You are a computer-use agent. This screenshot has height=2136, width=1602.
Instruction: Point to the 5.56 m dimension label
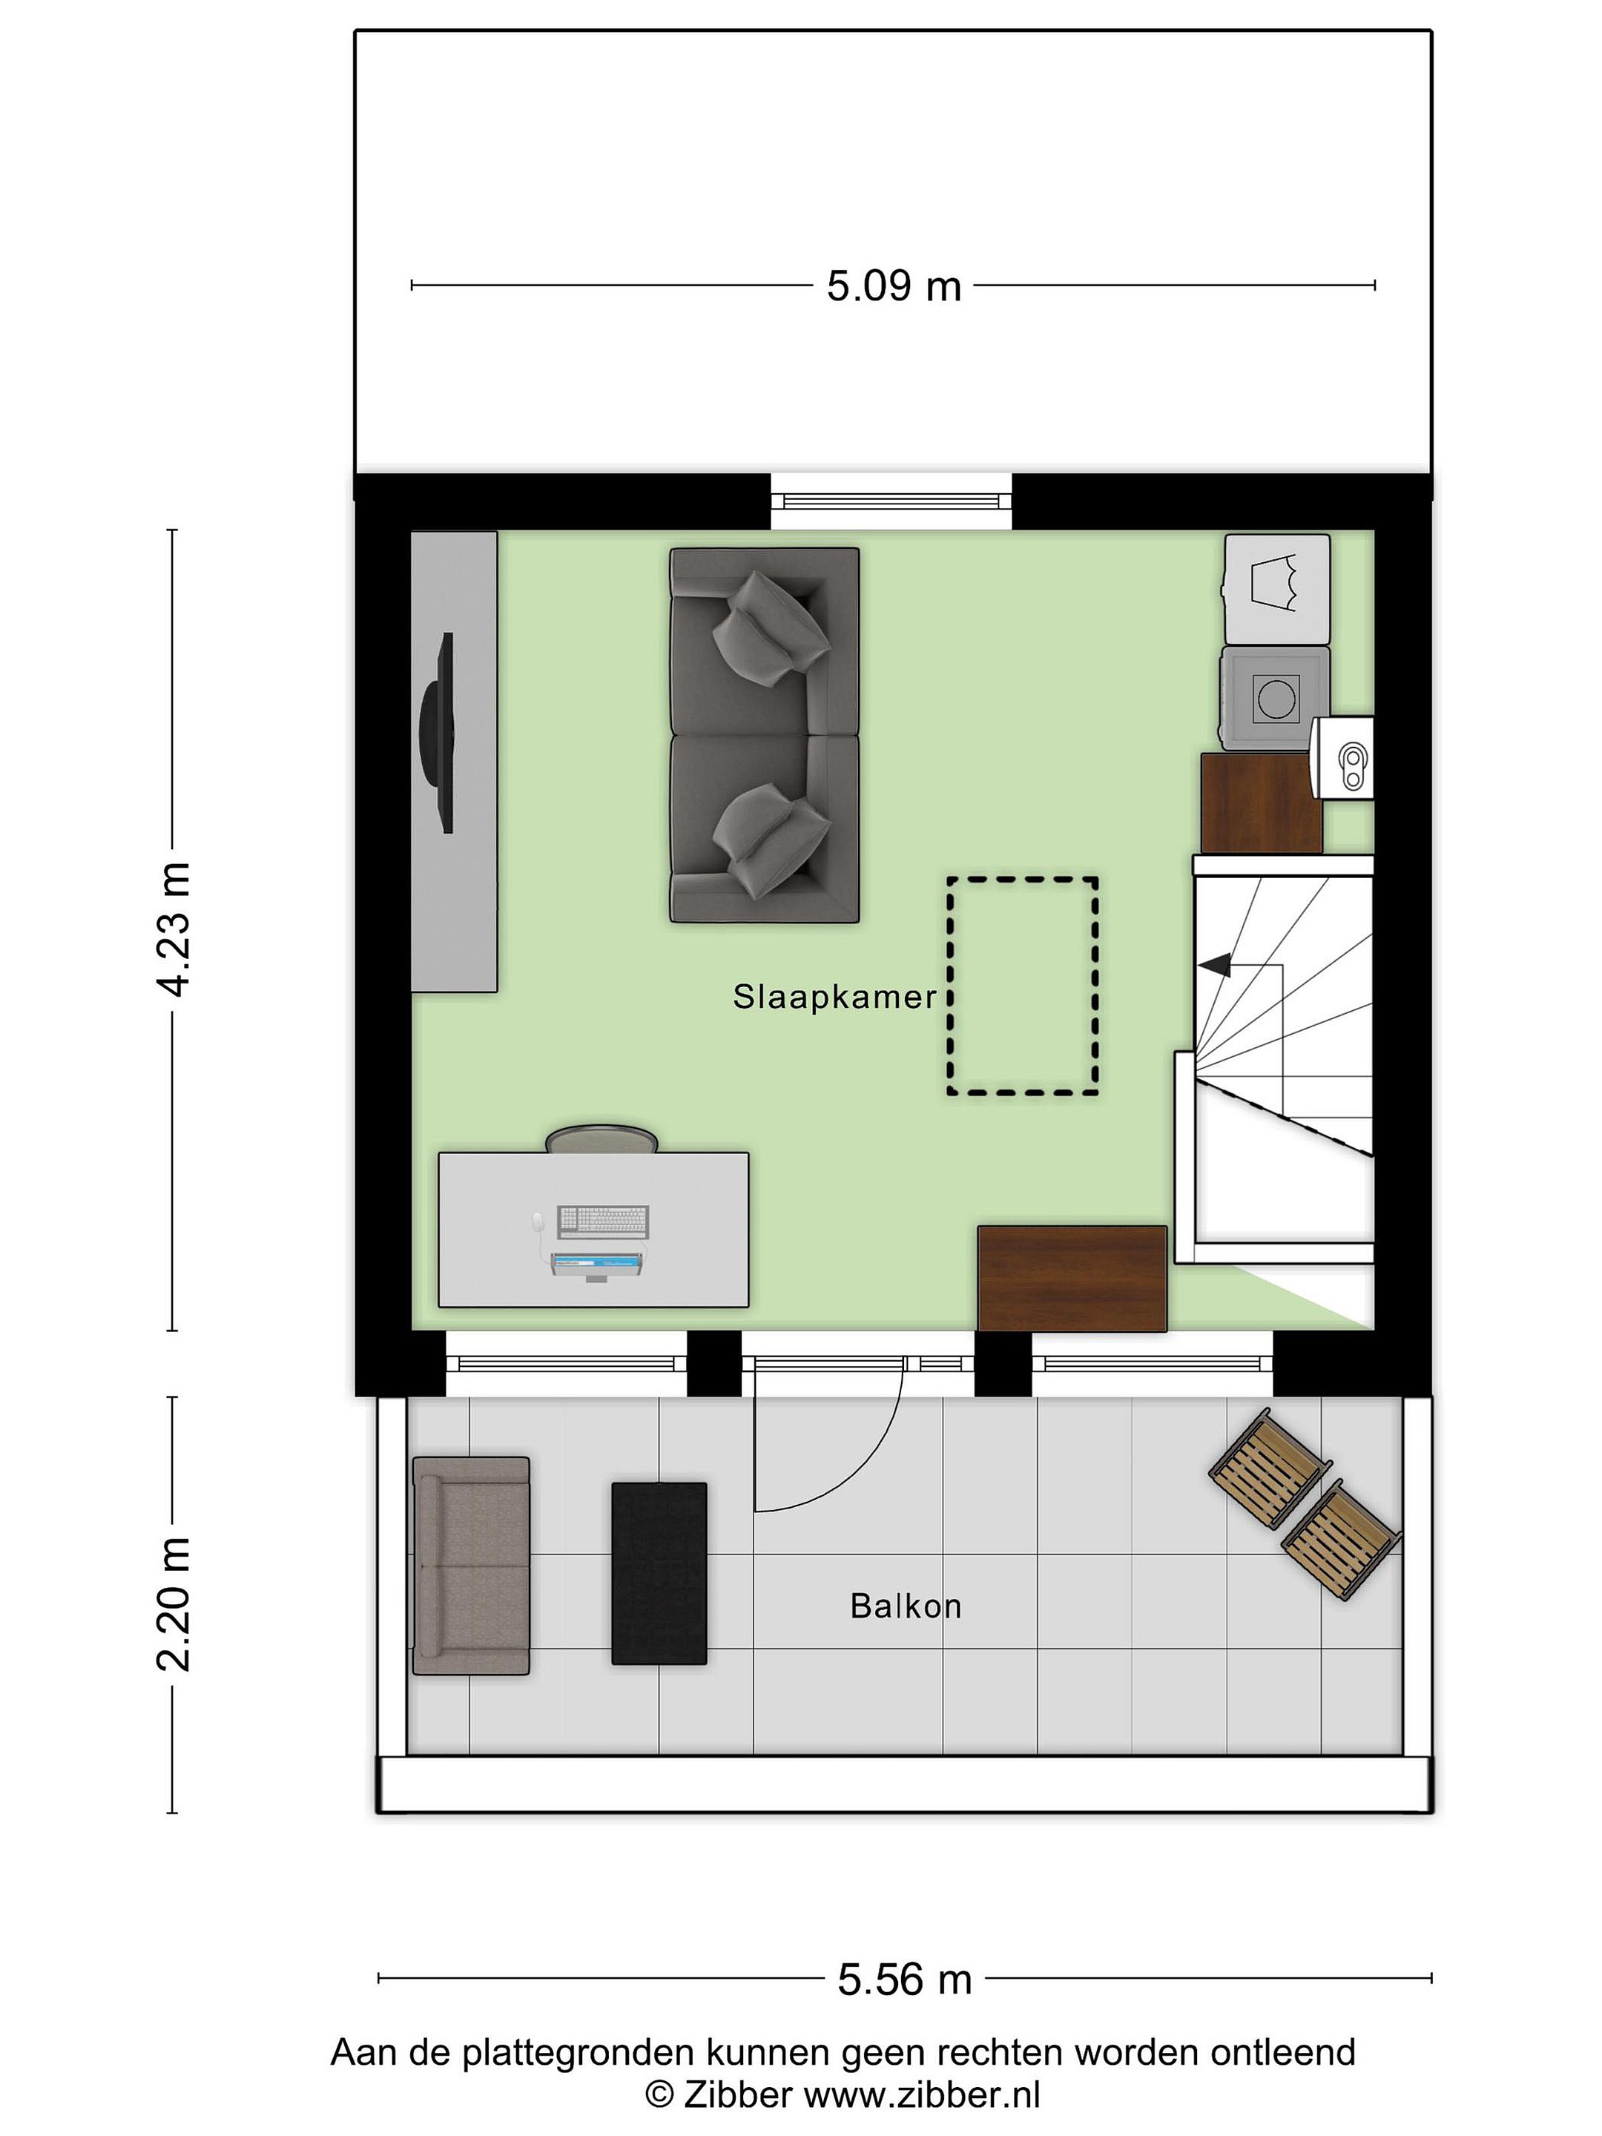(904, 1980)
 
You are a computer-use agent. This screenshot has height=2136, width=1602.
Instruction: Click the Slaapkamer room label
(834, 998)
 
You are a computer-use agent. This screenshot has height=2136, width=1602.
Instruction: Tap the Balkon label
(905, 1606)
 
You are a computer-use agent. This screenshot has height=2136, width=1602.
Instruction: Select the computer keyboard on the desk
(604, 1222)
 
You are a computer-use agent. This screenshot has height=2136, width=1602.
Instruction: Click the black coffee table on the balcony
(659, 1574)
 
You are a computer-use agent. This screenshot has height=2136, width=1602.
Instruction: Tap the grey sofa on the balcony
(471, 1566)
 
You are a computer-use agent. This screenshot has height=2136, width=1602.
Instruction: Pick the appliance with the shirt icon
(1276, 589)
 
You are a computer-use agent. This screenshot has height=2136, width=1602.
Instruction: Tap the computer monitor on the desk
(597, 1264)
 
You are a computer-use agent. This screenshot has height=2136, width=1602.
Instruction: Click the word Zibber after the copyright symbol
(739, 2094)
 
